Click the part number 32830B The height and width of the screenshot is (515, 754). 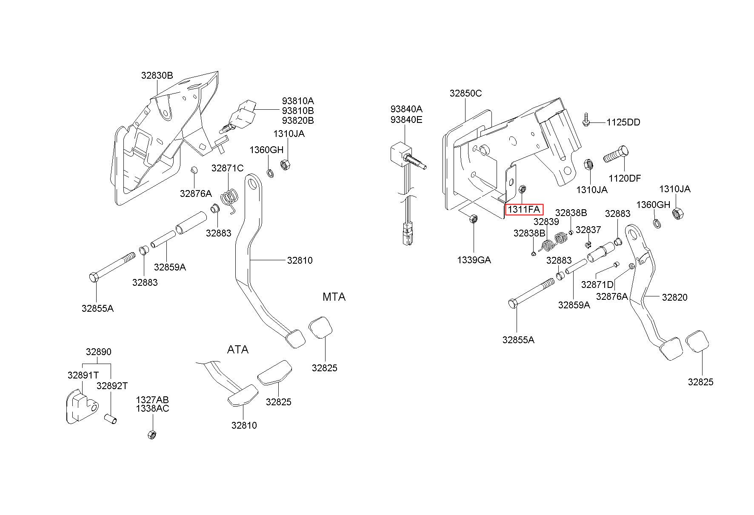(x=157, y=76)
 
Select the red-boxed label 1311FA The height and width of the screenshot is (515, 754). (x=524, y=209)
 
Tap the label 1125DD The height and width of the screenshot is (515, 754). (x=623, y=122)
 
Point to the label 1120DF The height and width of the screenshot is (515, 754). (x=625, y=178)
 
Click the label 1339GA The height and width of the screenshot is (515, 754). (x=474, y=260)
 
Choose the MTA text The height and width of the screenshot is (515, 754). (x=334, y=297)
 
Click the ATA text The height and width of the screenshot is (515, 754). (x=237, y=350)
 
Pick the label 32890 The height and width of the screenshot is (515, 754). (x=98, y=352)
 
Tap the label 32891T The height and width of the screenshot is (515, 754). (x=83, y=375)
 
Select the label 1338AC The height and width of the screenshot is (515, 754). (x=152, y=409)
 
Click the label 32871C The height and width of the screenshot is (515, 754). (x=228, y=168)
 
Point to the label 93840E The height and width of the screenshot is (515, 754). (x=406, y=120)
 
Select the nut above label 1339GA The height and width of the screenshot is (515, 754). (x=472, y=219)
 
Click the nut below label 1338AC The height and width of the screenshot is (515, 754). (x=152, y=435)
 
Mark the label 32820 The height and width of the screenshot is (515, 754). (x=674, y=297)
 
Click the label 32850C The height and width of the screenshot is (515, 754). (x=466, y=93)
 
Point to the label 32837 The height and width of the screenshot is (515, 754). (x=588, y=230)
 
